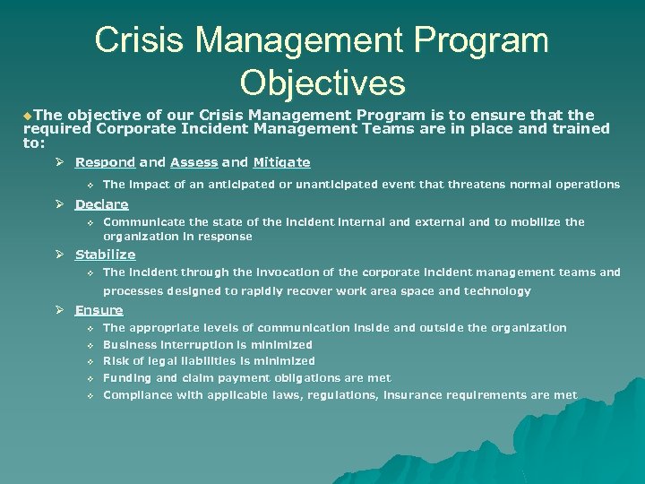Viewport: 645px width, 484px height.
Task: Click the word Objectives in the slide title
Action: [x=322, y=82]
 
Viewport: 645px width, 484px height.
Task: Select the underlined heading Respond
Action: [x=105, y=162]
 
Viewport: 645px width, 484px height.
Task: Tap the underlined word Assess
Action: [x=193, y=162]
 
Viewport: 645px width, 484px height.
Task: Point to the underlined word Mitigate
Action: [x=281, y=162]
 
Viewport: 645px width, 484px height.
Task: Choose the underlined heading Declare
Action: [x=101, y=204]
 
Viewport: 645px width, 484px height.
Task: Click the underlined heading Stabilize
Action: [x=105, y=255]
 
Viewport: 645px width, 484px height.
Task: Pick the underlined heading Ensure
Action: [x=99, y=310]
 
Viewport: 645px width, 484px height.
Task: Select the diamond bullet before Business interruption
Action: [x=90, y=345]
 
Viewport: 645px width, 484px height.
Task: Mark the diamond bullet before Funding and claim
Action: [x=90, y=378]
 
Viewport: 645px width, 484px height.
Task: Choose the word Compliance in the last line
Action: [x=136, y=395]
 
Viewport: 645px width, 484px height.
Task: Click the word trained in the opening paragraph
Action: [x=583, y=128]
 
